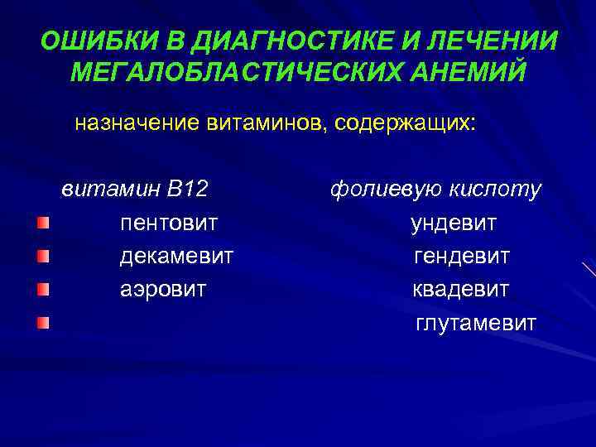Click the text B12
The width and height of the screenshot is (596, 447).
[186, 190]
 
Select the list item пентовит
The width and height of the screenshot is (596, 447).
[169, 223]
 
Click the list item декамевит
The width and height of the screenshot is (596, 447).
[176, 257]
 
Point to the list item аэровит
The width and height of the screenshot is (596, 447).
[163, 290]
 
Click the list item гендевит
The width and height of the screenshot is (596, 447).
[462, 257]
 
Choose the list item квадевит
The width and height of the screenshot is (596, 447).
[461, 290]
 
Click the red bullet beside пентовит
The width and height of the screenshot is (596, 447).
[42, 223]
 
